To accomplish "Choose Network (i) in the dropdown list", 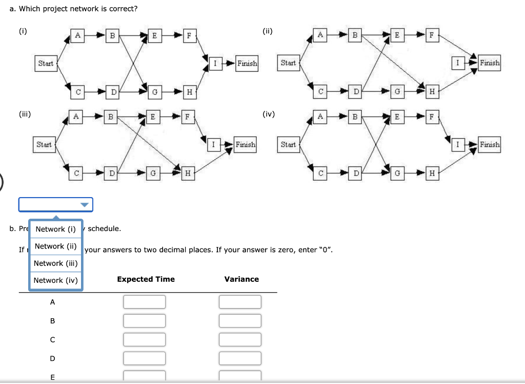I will pos(55,229).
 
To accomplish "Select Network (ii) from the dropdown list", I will pos(55,246).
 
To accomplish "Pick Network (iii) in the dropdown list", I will pos(55,263).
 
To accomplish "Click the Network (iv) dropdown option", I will pos(55,280).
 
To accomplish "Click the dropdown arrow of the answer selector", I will pos(85,205).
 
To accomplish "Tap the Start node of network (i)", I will pos(46,63).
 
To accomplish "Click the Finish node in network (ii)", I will pos(490,63).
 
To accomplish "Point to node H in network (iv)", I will pos(432,174).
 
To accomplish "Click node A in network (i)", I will pos(77,35).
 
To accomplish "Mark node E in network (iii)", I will pos(152,117).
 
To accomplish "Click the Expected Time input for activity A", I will pos(144,302).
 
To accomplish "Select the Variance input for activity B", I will pos(240,320).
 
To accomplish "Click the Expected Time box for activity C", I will pos(144,339).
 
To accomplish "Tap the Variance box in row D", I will pos(240,358).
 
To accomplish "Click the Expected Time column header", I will pos(146,279).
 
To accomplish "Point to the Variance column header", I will pos(241,279).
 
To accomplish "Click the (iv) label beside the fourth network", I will pos(269,113).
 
